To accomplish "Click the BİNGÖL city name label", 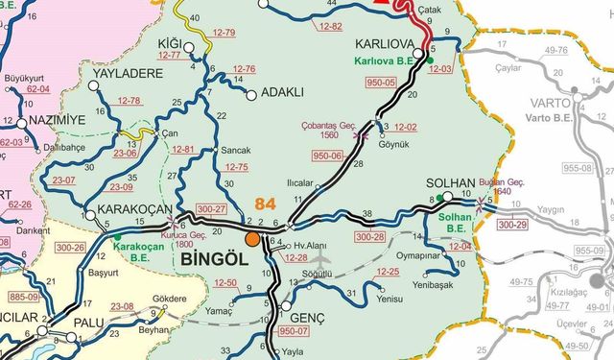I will (209, 259).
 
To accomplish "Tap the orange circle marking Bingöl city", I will (252, 239).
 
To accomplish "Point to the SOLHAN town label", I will (452, 183).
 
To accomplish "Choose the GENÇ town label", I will (307, 317).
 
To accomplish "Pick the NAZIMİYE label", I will (57, 118).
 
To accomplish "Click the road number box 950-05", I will (381, 83).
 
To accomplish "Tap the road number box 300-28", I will (369, 236).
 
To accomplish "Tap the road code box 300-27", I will (211, 208).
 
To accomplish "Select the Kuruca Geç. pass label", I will (187, 233).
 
